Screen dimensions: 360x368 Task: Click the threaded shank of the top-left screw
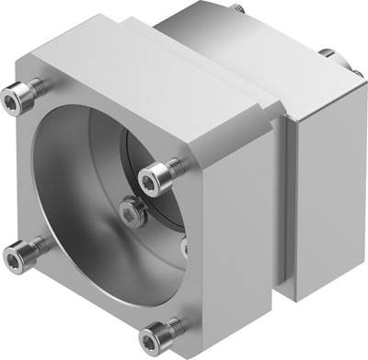[40, 85]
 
